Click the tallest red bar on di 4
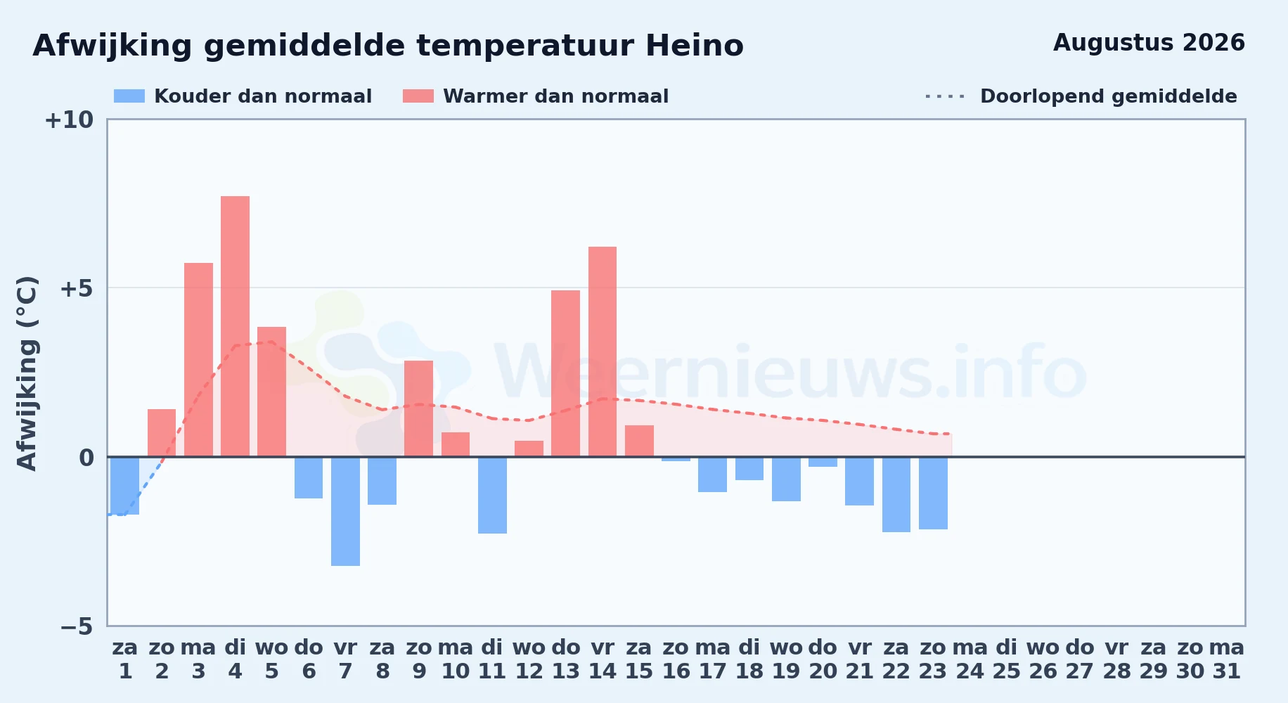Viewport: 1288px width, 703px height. [x=235, y=326]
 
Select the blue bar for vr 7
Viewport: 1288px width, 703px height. [x=345, y=511]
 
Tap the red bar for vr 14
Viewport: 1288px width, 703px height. [x=603, y=351]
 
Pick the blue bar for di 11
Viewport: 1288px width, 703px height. [x=492, y=495]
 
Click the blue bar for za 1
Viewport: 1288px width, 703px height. [x=125, y=486]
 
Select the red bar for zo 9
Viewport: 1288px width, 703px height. [x=419, y=408]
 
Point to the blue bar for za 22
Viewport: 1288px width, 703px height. [x=896, y=494]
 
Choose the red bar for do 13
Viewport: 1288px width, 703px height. [x=566, y=373]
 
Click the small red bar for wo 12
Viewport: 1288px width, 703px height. [x=529, y=449]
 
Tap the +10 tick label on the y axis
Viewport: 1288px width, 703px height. [x=69, y=120]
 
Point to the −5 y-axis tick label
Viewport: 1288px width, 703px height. [x=77, y=626]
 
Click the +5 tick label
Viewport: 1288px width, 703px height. [x=77, y=288]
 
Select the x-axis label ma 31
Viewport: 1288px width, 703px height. [x=1227, y=659]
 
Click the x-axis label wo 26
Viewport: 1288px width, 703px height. [x=1043, y=659]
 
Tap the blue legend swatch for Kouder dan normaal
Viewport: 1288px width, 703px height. [x=129, y=96]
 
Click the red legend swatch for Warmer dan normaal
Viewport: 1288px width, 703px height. [x=418, y=96]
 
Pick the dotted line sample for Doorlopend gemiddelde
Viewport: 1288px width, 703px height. [x=946, y=96]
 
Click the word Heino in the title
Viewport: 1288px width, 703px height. [x=695, y=46]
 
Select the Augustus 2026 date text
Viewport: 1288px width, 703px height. [x=1149, y=43]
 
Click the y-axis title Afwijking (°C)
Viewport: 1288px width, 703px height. [x=27, y=373]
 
